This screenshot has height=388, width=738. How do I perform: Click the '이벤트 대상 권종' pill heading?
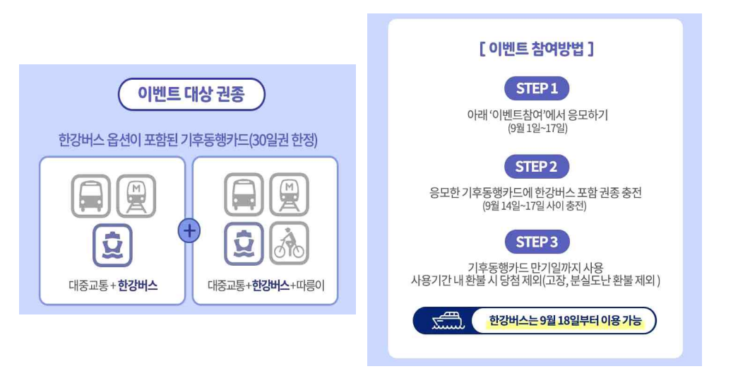tap(191, 95)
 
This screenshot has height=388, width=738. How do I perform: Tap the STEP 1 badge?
tap(537, 88)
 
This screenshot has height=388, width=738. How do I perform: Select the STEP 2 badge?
tap(537, 167)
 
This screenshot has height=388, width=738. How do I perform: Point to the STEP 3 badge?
tap(537, 242)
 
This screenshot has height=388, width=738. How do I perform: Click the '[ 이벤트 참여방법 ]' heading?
tap(536, 49)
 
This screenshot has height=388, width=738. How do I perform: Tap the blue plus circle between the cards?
tap(189, 231)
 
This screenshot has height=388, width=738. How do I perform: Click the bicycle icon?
tap(288, 243)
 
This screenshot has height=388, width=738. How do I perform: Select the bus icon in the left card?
tap(90, 195)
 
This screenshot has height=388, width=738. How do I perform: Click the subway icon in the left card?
tap(136, 195)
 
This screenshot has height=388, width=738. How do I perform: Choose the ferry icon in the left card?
tap(113, 244)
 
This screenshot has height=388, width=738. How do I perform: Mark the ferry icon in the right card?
tap(244, 243)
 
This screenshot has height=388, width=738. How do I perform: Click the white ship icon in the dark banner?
tap(447, 322)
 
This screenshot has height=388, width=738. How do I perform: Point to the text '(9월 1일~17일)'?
tap(537, 128)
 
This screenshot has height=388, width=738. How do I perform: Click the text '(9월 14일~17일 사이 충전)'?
tap(536, 206)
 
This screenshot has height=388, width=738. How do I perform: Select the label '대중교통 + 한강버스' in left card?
tap(113, 286)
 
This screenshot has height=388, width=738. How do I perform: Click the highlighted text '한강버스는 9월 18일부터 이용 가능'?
tap(565, 322)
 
